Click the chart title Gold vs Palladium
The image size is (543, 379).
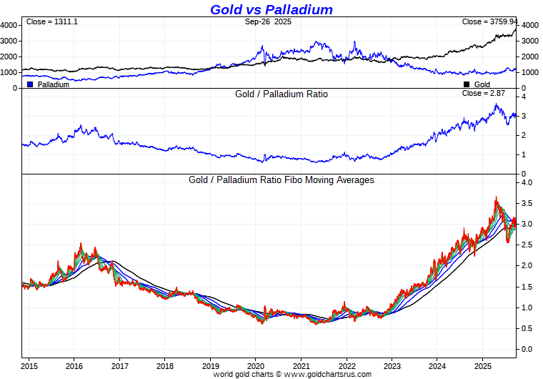271,9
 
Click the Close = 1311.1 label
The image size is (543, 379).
52,21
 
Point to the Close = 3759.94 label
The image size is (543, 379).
489,21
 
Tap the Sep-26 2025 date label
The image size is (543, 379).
269,22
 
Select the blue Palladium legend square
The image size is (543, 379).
30,84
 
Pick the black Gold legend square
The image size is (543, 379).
467,84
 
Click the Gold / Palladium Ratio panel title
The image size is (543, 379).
282,94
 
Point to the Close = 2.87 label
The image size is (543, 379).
484,93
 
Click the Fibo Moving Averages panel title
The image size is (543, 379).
282,180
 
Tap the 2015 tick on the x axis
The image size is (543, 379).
29,365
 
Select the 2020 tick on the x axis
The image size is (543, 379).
256,365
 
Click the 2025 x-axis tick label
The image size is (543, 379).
482,365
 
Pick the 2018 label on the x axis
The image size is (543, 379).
165,365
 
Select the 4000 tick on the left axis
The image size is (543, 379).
9,25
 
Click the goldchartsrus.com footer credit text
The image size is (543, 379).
292,374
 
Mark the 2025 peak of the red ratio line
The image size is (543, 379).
496,197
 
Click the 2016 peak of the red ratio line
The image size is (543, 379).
81,244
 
